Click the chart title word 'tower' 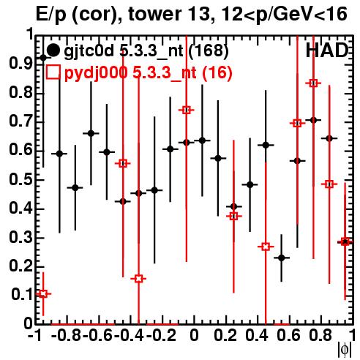[x=154, y=14]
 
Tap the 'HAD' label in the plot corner [x=327, y=50]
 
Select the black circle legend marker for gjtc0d [x=53, y=50]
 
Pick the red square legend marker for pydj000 [x=53, y=72]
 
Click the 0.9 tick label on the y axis [x=20, y=63]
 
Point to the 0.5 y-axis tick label [x=20, y=180]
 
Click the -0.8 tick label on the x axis [x=67, y=335]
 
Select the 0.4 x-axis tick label [x=257, y=335]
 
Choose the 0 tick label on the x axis [x=194, y=335]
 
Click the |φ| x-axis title [x=345, y=350]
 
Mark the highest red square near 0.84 [x=314, y=83]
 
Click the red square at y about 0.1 [x=43, y=293]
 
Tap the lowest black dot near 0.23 [x=282, y=258]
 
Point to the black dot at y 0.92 [x=43, y=58]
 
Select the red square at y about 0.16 [x=138, y=279]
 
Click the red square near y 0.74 [x=187, y=110]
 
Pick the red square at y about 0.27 [x=266, y=247]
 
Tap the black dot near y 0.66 [x=91, y=133]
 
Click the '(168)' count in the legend [x=209, y=50]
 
